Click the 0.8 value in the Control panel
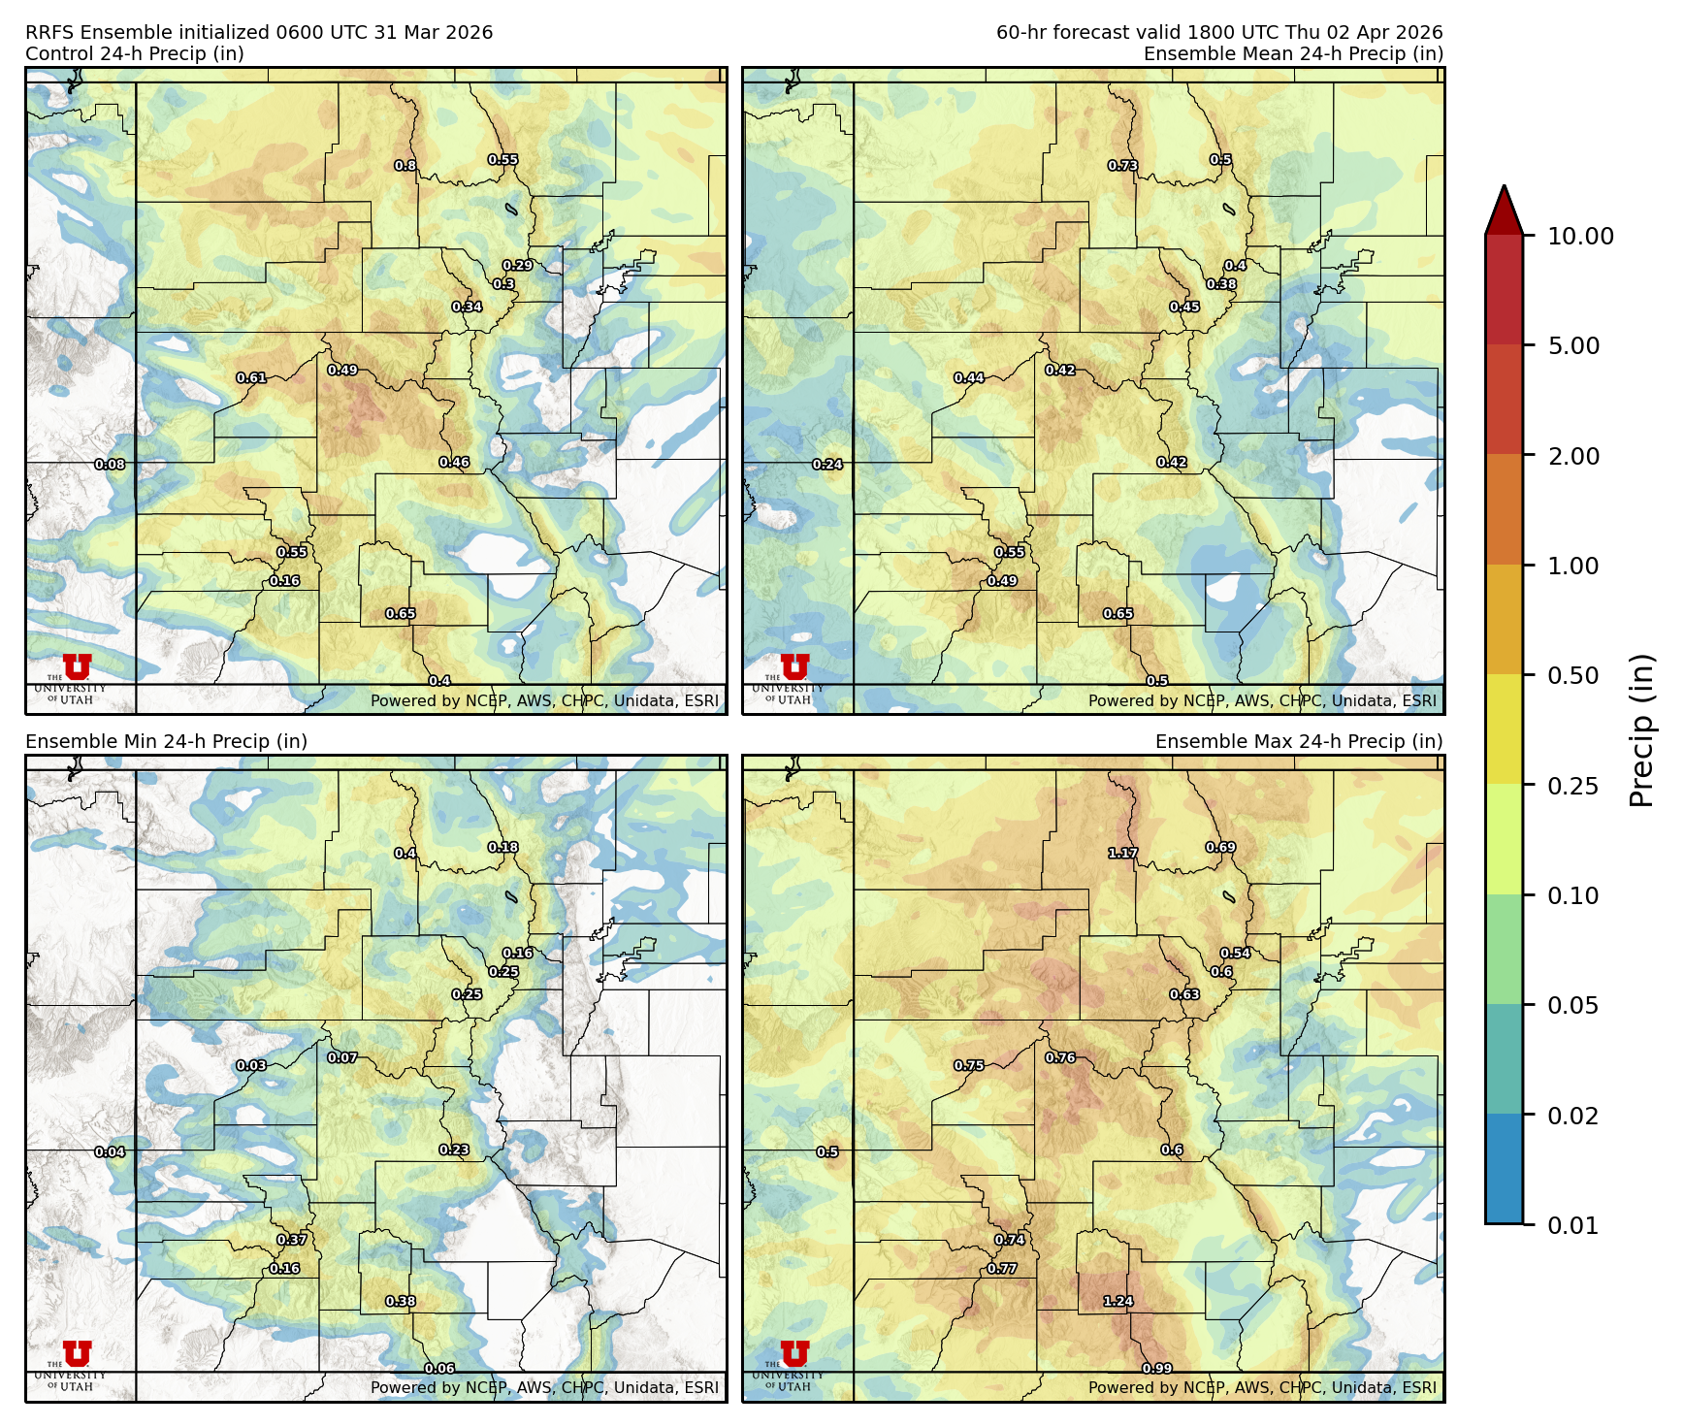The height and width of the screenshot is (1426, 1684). pyautogui.click(x=405, y=166)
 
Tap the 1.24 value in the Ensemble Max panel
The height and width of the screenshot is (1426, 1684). pyautogui.click(x=1118, y=1301)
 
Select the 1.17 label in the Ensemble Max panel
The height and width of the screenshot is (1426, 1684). pyautogui.click(x=1123, y=853)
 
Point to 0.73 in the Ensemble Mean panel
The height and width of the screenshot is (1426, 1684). pyautogui.click(x=1123, y=166)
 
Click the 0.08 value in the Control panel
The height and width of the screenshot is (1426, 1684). pyautogui.click(x=110, y=465)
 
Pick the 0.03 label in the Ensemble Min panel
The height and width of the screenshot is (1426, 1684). pyautogui.click(x=251, y=1065)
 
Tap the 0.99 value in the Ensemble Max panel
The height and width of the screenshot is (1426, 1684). pyautogui.click(x=1157, y=1368)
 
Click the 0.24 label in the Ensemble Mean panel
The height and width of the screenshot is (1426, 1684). pyautogui.click(x=827, y=465)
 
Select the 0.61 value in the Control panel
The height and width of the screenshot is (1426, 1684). pyautogui.click(x=251, y=377)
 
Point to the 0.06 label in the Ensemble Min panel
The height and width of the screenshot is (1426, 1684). pyautogui.click(x=439, y=1368)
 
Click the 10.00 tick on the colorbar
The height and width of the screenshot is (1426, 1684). pyautogui.click(x=1580, y=236)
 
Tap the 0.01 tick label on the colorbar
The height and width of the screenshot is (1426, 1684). pyautogui.click(x=1572, y=1225)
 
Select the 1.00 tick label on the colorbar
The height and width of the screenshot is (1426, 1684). pyautogui.click(x=1572, y=566)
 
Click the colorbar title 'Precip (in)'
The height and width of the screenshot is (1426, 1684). pyautogui.click(x=1641, y=730)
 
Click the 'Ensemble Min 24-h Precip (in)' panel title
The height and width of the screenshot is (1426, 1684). pyautogui.click(x=166, y=741)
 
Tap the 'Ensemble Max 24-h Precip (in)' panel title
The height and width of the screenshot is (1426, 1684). pyautogui.click(x=1298, y=741)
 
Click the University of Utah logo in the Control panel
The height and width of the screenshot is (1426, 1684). pyautogui.click(x=76, y=669)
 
